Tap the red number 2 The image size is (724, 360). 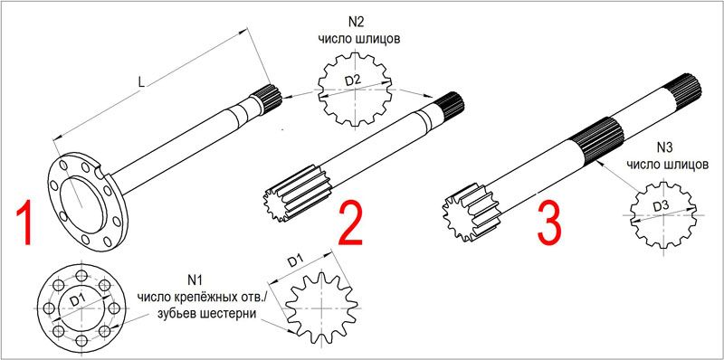pyautogui.click(x=350, y=223)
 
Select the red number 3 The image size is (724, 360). pyautogui.click(x=549, y=223)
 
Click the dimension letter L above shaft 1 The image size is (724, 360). pyautogui.click(x=142, y=82)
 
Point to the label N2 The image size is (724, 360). pyautogui.click(x=357, y=23)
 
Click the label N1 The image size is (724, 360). pyautogui.click(x=195, y=280)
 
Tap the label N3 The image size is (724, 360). pyautogui.click(x=665, y=148)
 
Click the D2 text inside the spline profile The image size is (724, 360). pyautogui.click(x=353, y=81)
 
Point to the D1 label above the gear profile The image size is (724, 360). pyautogui.click(x=296, y=262)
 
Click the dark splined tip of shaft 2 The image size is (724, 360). pyautogui.click(x=450, y=105)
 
